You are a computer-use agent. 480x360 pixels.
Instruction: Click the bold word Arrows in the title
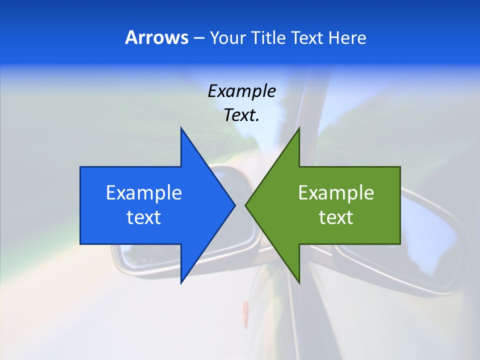(156, 38)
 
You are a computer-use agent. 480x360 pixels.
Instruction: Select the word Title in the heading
(273, 38)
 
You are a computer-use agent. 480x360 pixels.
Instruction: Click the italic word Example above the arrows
(241, 91)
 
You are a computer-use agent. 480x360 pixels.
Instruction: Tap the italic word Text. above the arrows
(241, 115)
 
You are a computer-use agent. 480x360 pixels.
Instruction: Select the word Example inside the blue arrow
(144, 193)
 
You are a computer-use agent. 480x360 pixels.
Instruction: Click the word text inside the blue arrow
(144, 217)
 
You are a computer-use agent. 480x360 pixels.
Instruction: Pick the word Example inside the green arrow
(336, 193)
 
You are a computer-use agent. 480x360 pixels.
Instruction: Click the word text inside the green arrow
(336, 217)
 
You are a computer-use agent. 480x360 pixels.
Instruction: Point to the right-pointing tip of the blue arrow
(235, 205)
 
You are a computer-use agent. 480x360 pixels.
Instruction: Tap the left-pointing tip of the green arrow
(245, 205)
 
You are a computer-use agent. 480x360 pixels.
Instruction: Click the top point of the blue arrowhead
(181, 127)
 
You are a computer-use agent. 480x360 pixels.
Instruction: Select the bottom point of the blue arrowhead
(181, 283)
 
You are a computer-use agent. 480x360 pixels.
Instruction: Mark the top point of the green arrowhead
(299, 127)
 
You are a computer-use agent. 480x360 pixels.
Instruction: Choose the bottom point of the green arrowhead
(299, 283)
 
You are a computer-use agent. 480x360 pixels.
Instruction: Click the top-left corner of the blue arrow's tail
(80, 167)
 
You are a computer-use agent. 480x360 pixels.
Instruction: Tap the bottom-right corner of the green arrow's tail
(399, 244)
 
